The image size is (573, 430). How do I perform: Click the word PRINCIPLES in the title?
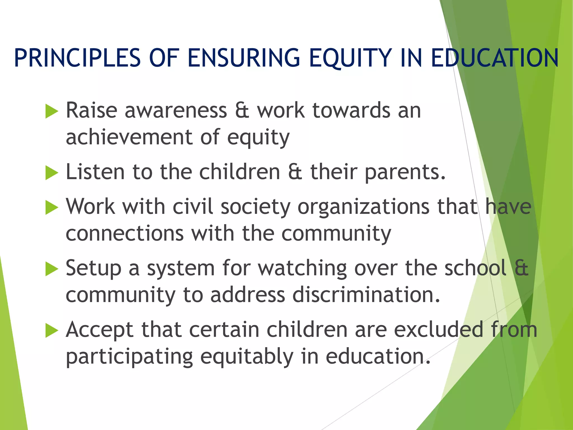(77, 58)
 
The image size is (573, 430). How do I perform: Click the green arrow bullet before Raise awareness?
(51, 111)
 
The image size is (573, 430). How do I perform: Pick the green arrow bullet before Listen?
(51, 173)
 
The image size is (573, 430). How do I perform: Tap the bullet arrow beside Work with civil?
(51, 207)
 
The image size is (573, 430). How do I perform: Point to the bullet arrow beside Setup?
(51, 269)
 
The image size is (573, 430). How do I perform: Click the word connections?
(125, 233)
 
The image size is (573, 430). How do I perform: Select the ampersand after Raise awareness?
(242, 110)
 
